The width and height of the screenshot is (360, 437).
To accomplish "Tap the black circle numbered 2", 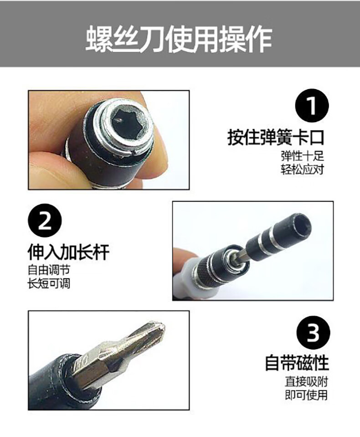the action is [x=45, y=221].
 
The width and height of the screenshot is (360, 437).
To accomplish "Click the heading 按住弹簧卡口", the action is [x=276, y=138].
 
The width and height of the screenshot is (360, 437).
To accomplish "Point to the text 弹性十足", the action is [x=302, y=156].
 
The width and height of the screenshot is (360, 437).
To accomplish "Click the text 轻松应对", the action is [x=302, y=170].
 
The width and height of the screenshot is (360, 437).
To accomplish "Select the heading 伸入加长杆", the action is [x=68, y=252].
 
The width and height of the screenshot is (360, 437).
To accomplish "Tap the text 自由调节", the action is [x=49, y=270].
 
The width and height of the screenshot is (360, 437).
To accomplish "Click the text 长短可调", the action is [x=49, y=284].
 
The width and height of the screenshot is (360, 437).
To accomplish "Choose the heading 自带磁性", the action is [x=297, y=363].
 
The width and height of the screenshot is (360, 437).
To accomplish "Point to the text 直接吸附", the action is [x=306, y=381].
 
